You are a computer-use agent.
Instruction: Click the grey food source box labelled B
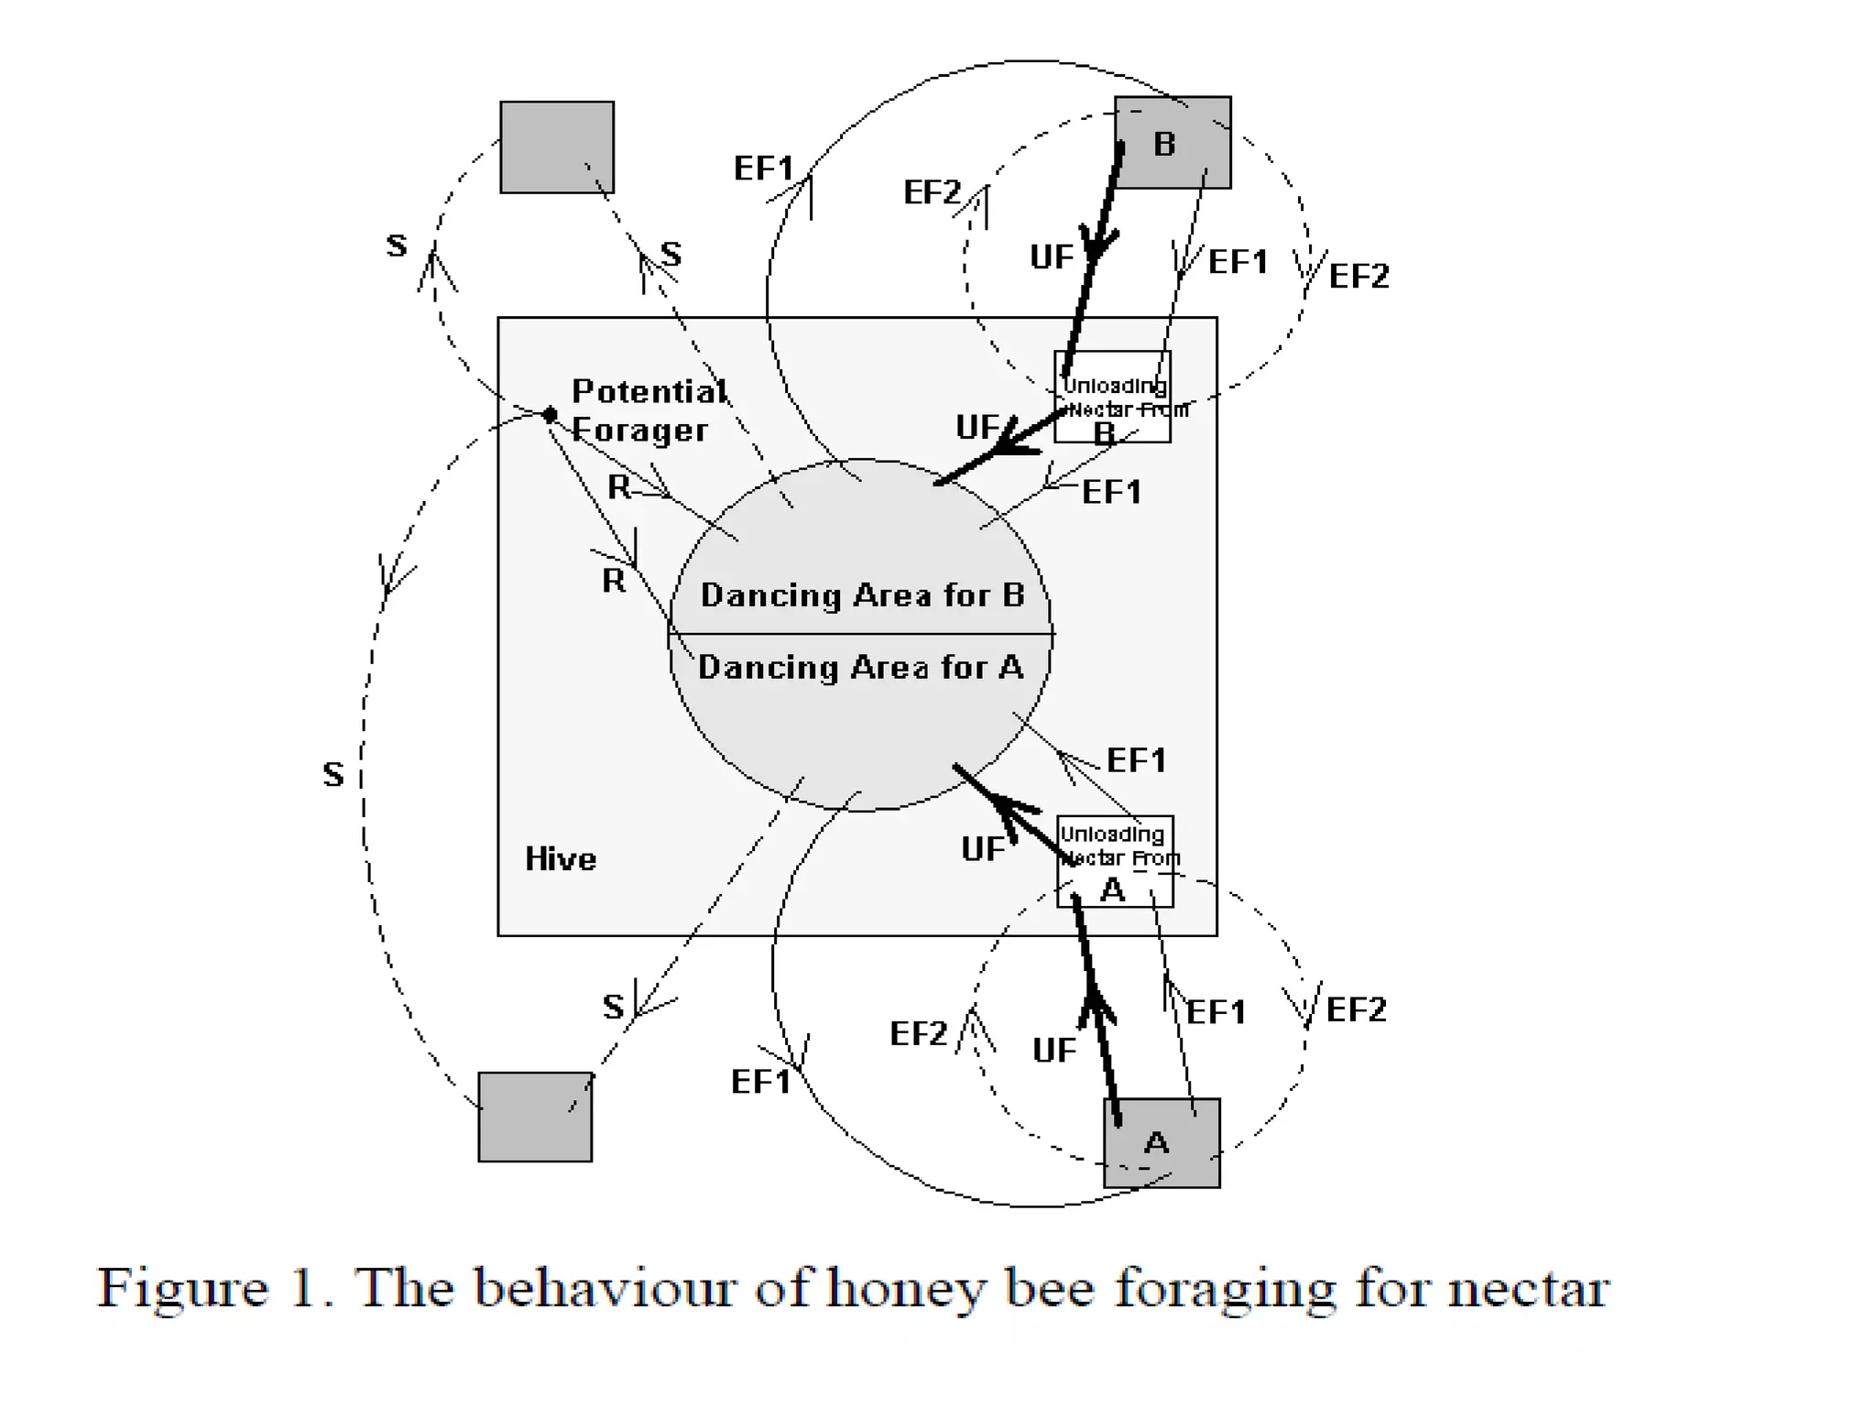(x=1172, y=143)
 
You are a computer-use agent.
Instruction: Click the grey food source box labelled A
(x=1162, y=1142)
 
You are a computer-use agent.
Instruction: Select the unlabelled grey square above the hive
(x=557, y=147)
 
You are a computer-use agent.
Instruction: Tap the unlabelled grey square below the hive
(x=535, y=1117)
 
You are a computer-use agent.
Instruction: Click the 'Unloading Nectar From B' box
(x=1113, y=398)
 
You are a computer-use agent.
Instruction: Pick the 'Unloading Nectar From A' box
(x=1115, y=861)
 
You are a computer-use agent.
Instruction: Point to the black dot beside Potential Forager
(x=550, y=415)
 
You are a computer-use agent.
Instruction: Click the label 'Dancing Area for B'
(x=862, y=595)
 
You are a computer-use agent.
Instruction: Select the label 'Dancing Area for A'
(x=860, y=668)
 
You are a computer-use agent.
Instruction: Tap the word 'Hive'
(x=561, y=859)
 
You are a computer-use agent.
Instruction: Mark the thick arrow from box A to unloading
(x=1097, y=1008)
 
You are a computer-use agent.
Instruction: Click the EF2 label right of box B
(x=1359, y=276)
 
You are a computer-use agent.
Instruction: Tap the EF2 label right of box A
(x=1357, y=1010)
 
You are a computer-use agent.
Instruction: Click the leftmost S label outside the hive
(x=333, y=775)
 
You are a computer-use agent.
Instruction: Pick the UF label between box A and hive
(x=1053, y=1051)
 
